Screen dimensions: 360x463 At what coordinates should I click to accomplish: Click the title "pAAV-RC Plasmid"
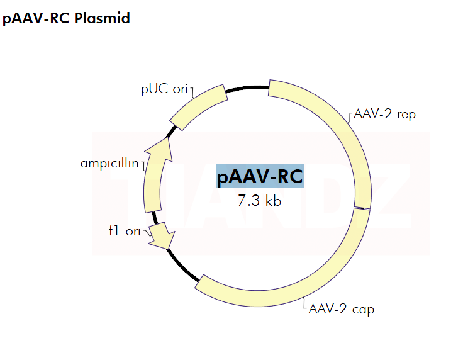click(x=66, y=18)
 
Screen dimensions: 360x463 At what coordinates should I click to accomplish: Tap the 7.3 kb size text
click(x=259, y=201)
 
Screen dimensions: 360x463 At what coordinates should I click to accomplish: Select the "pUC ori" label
click(x=164, y=89)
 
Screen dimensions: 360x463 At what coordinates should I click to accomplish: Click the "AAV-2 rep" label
click(x=384, y=115)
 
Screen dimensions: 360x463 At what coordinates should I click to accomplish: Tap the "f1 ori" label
click(x=125, y=231)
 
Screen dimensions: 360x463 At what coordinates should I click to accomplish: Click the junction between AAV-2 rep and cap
click(x=361, y=208)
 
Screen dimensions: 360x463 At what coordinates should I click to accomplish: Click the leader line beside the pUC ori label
click(x=192, y=92)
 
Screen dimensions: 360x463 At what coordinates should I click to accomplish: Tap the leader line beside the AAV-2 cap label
click(x=304, y=305)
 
